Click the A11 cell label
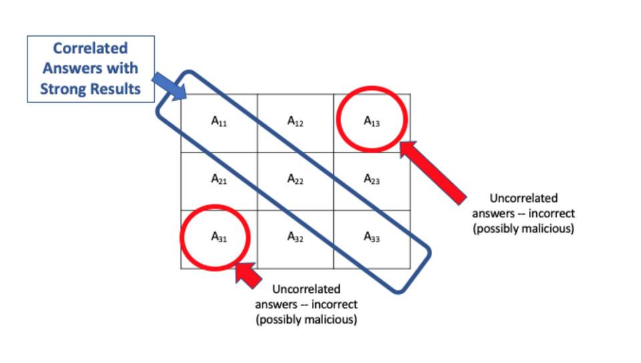(x=219, y=122)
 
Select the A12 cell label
(x=296, y=122)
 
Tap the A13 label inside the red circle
(x=372, y=122)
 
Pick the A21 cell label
(x=219, y=179)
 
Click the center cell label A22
(x=296, y=179)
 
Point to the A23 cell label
(x=372, y=179)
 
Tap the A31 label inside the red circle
(x=219, y=237)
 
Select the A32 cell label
(x=296, y=237)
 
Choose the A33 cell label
(x=372, y=237)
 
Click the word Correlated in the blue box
(x=90, y=49)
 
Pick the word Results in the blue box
(x=117, y=89)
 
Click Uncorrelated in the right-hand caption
(x=523, y=199)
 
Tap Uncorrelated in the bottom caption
(x=306, y=289)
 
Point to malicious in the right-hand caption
(x=547, y=229)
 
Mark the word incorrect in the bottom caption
(x=333, y=305)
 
